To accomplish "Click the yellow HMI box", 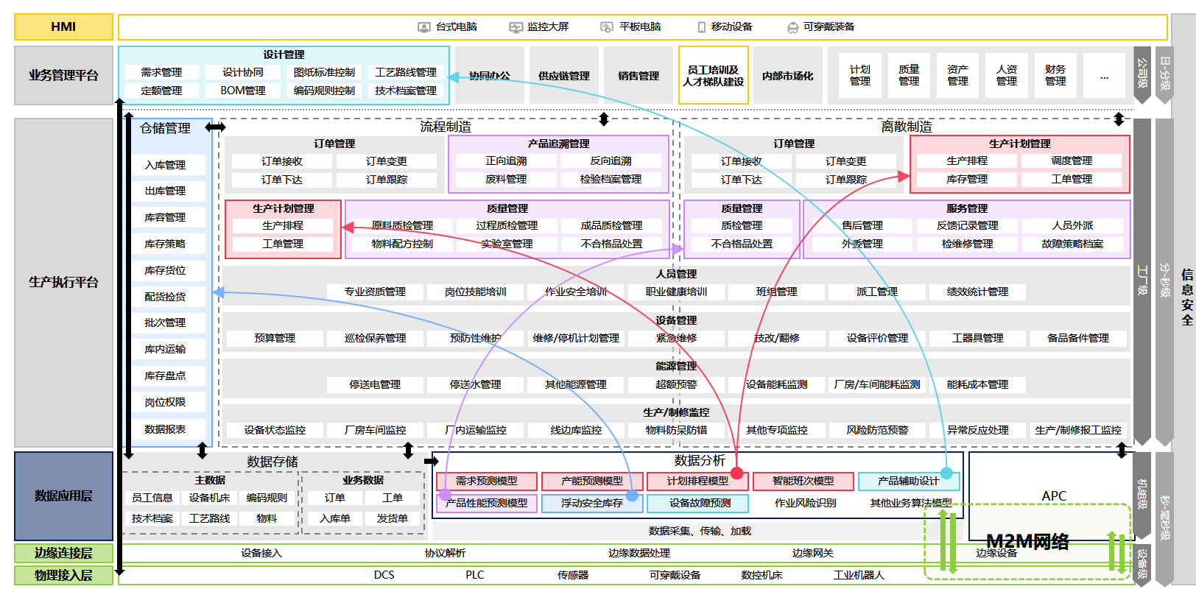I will (63, 27).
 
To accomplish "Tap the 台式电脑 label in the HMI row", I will (456, 27).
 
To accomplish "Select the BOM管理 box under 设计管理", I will (243, 91).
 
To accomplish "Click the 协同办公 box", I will (490, 76).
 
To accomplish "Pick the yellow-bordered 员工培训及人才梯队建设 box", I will (713, 76).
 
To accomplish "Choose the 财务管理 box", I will (1055, 75).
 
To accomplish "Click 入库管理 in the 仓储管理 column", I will (165, 165).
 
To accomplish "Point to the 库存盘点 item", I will (165, 375).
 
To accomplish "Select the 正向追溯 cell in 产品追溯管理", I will (506, 161).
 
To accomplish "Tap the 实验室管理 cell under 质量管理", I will (507, 244).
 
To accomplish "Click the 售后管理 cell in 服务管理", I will (862, 225).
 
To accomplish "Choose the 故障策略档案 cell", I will (1072, 244).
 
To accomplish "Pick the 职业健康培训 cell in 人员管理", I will (676, 292).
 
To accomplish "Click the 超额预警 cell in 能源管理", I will (676, 384).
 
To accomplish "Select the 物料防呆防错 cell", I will (676, 430).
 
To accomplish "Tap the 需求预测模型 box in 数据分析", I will (486, 481).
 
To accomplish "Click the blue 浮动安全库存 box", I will (592, 503).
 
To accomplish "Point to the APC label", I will (1054, 496).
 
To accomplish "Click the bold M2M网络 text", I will (1027, 542).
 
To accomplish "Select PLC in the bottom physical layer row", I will (475, 575).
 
